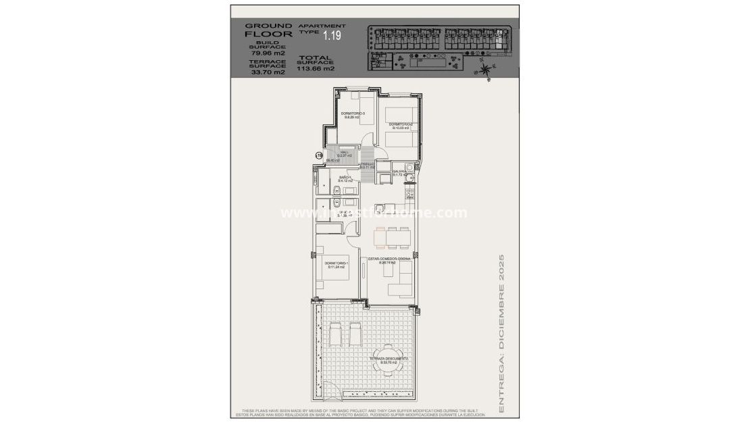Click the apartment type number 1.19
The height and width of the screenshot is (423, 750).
tap(332, 34)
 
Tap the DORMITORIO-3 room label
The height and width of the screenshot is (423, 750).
tap(352, 115)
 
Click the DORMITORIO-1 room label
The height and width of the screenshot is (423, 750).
tap(336, 264)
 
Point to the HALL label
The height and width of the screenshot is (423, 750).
tap(344, 153)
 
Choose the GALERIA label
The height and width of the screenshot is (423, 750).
tap(399, 173)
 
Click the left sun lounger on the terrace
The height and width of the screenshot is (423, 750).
tap(336, 333)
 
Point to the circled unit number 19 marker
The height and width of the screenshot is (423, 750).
tap(319, 155)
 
